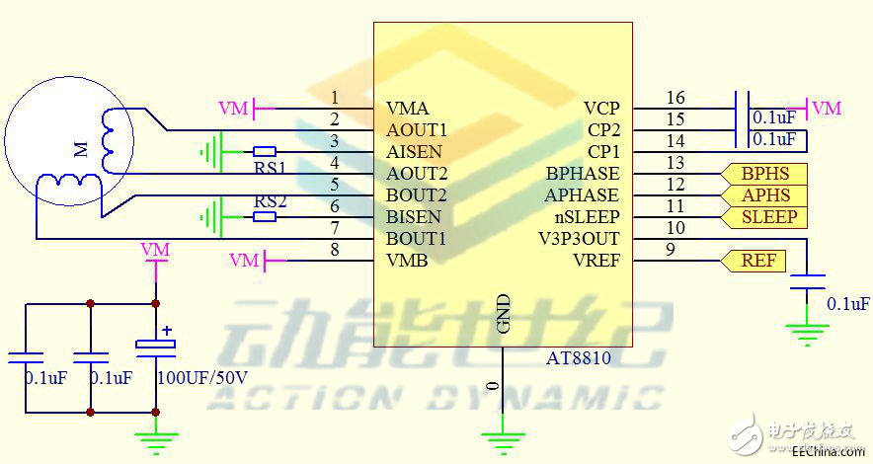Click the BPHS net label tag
766,174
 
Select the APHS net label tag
766,195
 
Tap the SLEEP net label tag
768,217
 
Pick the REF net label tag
757,261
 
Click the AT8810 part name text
579,358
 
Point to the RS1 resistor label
270,167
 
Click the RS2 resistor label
270,201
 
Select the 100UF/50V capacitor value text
202,378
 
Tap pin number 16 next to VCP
675,98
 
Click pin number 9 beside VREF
671,250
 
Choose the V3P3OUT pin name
579,239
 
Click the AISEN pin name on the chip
414,152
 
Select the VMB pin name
407,261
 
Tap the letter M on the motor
80,150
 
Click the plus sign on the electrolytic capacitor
167,332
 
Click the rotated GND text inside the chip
503,313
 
